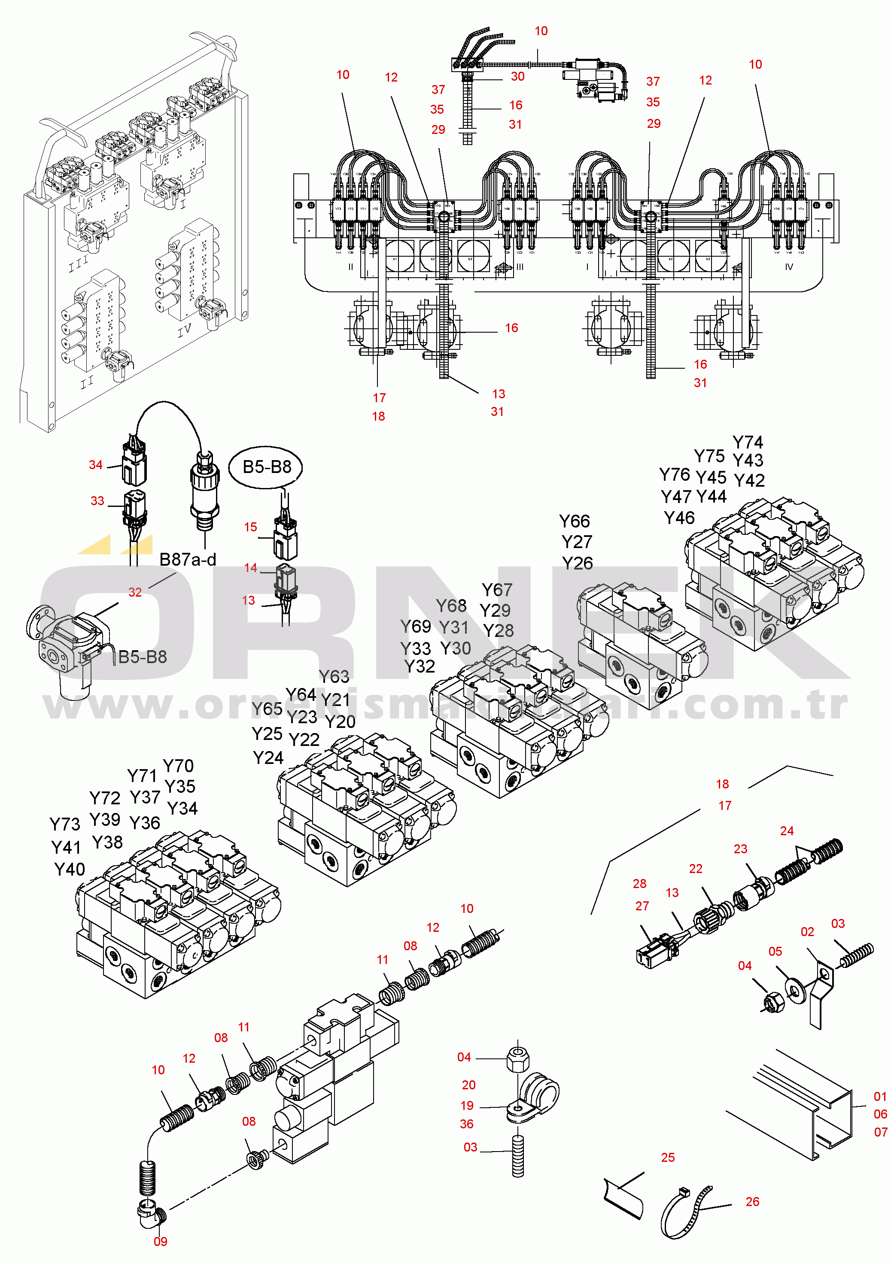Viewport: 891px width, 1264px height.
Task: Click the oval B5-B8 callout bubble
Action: coord(266,467)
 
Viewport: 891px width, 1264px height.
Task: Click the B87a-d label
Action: coord(187,559)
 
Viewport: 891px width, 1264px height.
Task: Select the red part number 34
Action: coord(96,465)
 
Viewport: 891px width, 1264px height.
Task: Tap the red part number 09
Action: coord(160,1241)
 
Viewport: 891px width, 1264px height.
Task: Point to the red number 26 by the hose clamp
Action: coord(752,1201)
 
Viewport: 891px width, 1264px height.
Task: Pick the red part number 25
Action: coord(667,1157)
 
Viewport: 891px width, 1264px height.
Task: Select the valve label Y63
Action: coord(334,676)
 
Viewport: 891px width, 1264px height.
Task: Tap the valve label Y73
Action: coord(65,824)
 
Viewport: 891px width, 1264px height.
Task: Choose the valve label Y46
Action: coord(679,518)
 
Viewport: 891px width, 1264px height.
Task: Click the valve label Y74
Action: coord(747,442)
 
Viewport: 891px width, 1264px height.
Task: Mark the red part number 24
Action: coord(786,831)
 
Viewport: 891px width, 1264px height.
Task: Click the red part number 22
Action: coord(696,869)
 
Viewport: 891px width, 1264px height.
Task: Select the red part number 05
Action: coord(775,951)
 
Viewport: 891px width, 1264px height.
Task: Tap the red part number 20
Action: coord(468,1085)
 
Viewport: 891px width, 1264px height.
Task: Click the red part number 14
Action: coord(251,567)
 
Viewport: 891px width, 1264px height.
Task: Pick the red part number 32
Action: coord(135,592)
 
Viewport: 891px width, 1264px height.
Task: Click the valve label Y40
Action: coord(70,869)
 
